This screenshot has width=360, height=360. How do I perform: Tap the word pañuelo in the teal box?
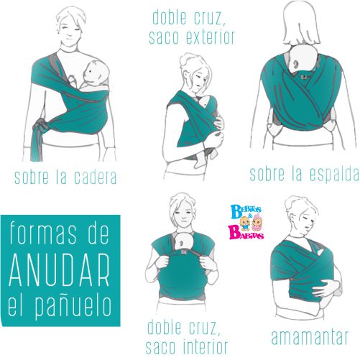73,307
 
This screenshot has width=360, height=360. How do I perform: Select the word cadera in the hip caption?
96,177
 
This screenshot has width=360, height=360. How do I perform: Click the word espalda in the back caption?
334,174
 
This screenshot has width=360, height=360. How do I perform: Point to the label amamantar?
310,337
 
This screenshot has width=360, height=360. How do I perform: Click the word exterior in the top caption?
211,37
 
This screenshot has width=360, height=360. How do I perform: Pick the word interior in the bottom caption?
206,346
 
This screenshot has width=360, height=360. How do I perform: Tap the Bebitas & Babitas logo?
246,222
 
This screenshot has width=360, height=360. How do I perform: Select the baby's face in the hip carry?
95,73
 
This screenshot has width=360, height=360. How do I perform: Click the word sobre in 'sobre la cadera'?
32,177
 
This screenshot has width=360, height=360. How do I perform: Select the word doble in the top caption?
170,17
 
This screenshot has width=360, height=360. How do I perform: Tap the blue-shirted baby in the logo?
244,223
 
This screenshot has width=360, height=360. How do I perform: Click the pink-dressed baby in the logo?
257,222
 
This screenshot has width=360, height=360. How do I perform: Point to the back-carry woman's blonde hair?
302,23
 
